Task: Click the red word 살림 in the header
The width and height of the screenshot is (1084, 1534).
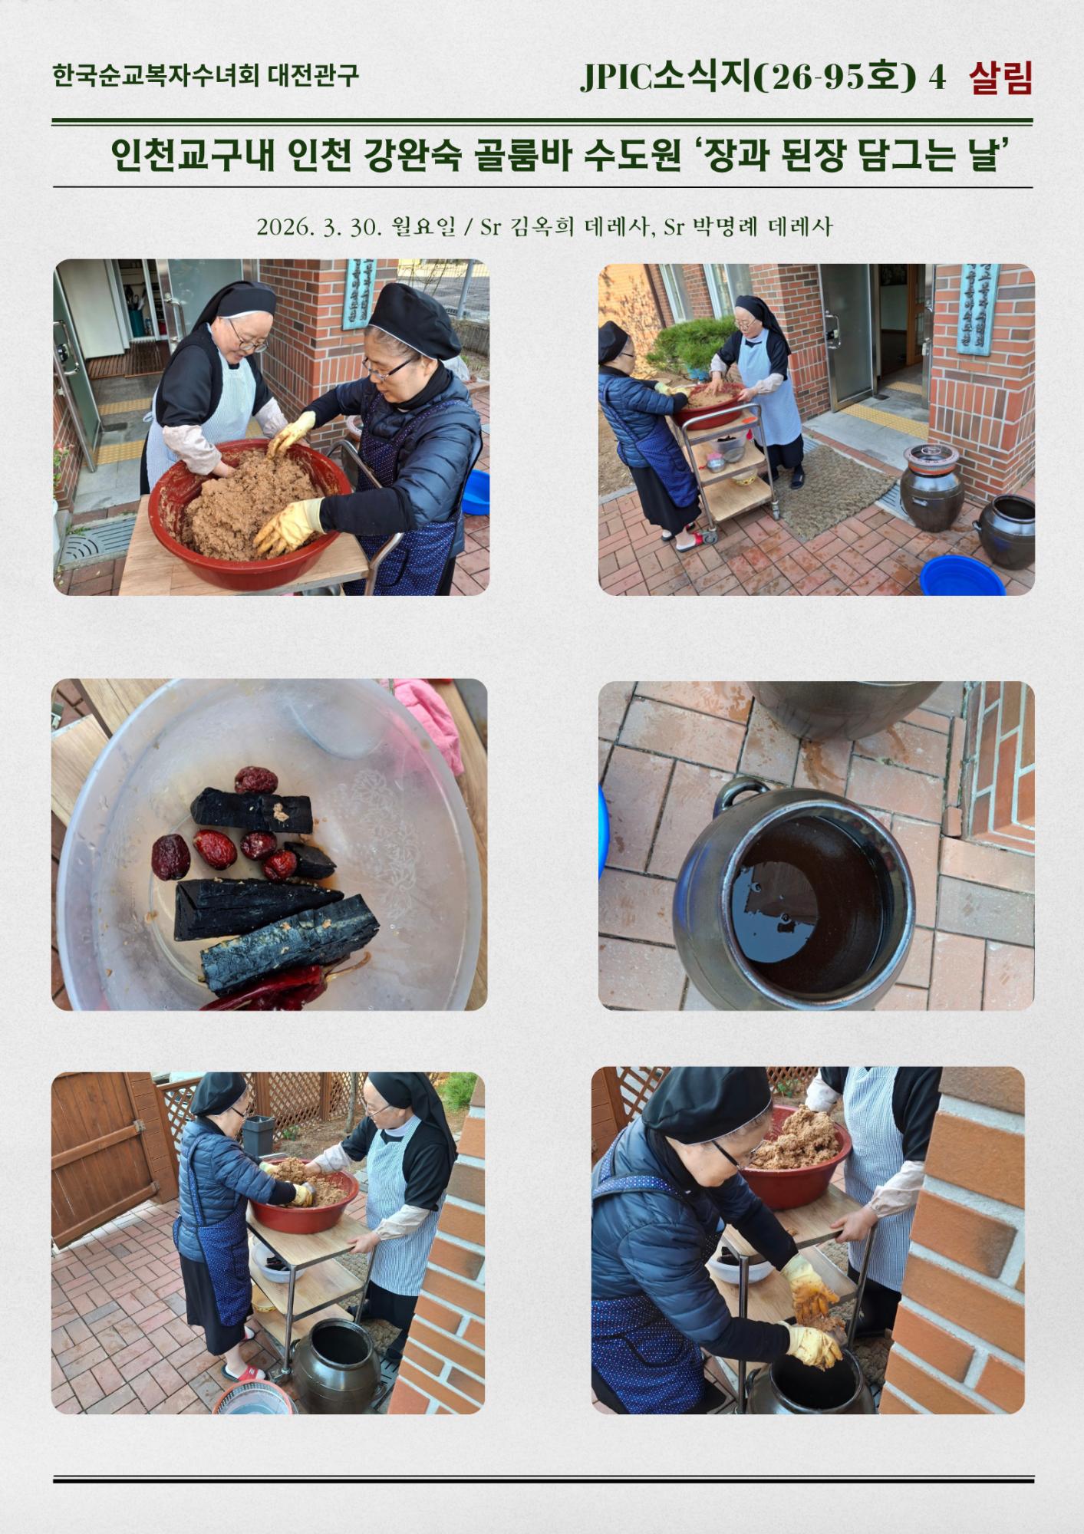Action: [1000, 77]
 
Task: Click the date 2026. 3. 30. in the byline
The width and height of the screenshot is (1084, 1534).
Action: [319, 227]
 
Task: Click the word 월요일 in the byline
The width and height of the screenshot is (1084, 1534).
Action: [423, 227]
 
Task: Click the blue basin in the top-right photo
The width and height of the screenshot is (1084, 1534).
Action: [962, 576]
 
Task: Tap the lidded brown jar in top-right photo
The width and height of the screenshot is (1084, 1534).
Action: [931, 487]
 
